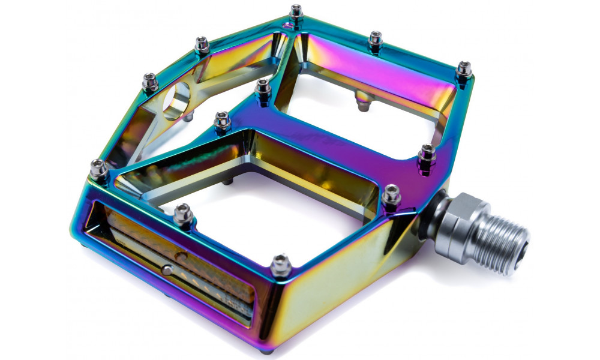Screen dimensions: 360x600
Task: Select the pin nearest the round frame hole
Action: (x=149, y=82)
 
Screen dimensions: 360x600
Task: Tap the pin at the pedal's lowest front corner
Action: (x=280, y=265)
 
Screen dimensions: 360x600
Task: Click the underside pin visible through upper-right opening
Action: (x=362, y=102)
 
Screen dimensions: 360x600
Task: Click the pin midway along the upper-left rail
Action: (x=202, y=46)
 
